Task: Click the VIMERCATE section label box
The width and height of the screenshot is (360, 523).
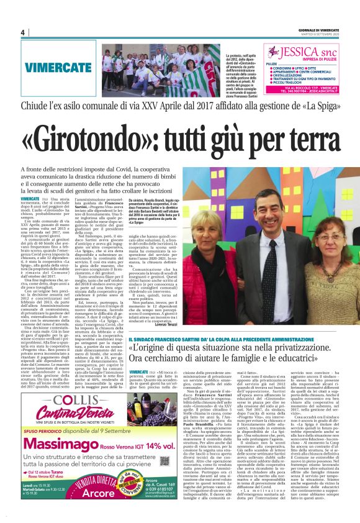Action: [49, 65]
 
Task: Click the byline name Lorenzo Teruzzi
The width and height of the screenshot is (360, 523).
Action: [286, 325]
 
